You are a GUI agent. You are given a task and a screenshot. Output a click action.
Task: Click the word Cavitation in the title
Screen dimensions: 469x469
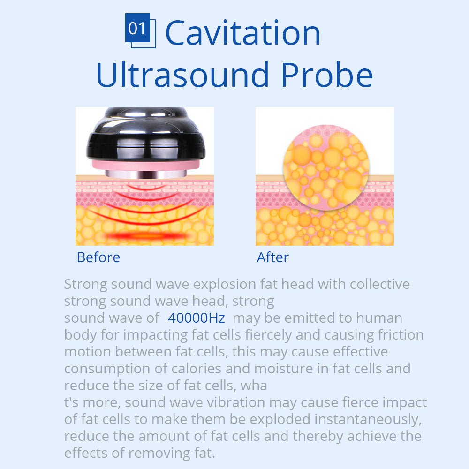[x=242, y=33]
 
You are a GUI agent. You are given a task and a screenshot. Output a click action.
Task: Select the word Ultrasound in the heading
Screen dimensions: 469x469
[x=182, y=75]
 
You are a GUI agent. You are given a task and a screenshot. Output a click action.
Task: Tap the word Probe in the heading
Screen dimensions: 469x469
[x=326, y=75]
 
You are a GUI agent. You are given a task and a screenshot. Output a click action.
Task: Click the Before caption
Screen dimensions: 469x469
[x=98, y=257]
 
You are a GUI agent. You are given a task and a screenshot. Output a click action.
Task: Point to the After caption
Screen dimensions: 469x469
[x=273, y=257]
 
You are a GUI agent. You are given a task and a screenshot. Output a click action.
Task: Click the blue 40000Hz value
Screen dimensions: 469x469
[x=196, y=318]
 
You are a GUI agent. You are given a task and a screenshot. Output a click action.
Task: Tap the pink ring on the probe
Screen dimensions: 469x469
[x=145, y=166]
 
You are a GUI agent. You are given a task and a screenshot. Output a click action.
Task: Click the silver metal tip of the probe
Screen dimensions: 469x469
[x=146, y=174]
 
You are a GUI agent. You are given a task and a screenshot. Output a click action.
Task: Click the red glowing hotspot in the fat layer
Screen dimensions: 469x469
[x=146, y=236]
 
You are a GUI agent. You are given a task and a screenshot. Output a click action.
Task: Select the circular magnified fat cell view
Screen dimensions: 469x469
[x=326, y=167]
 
